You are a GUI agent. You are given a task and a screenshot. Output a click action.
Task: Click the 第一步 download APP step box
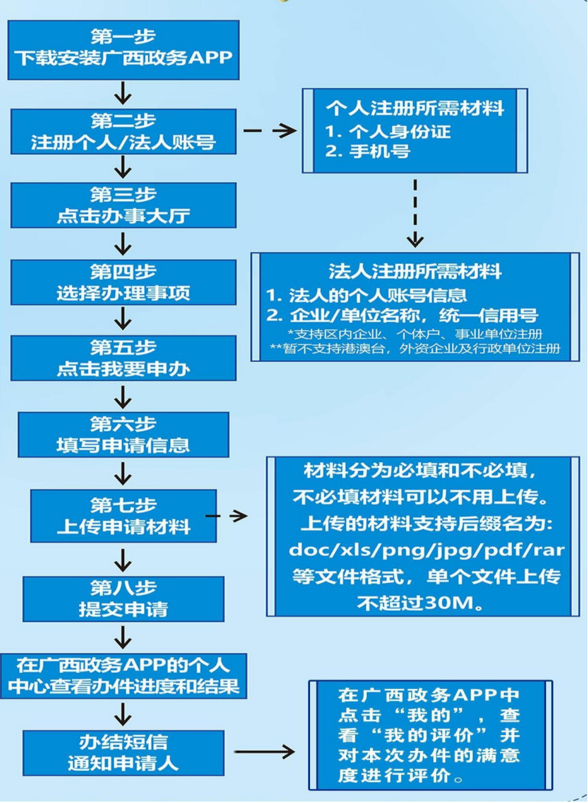pos(123,50)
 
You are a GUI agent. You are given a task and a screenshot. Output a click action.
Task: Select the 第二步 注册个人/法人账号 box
pos(123,132)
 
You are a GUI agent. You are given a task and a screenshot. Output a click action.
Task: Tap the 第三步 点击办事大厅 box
pos(123,205)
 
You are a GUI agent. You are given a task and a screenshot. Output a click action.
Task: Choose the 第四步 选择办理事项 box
pos(123,282)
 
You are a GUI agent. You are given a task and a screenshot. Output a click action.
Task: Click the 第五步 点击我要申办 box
pos(123,358)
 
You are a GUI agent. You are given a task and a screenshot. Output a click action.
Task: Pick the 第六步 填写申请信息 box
pos(123,434)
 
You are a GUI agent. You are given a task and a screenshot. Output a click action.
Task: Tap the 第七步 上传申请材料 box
pos(123,516)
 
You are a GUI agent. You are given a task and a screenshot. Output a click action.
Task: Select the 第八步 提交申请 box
pos(123,598)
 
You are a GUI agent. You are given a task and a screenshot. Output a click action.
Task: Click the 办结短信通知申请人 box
pos(123,752)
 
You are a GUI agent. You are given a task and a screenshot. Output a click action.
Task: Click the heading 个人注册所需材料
pos(415,109)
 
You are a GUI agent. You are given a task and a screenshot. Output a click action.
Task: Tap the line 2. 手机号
pos(368,151)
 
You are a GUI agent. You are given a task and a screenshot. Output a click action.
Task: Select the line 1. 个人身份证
pos(388,131)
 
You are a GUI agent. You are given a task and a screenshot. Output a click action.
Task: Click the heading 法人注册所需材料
pos(415,271)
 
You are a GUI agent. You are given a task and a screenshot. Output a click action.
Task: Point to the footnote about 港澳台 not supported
pos(415,348)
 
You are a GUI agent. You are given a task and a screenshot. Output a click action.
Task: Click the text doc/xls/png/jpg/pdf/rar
pos(419,550)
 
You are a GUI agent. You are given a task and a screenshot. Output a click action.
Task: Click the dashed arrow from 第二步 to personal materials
pos(270,131)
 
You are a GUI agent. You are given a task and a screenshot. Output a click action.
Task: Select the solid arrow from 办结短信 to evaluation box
pos(265,752)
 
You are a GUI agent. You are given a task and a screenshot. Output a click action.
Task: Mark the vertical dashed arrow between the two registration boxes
pos(415,212)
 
